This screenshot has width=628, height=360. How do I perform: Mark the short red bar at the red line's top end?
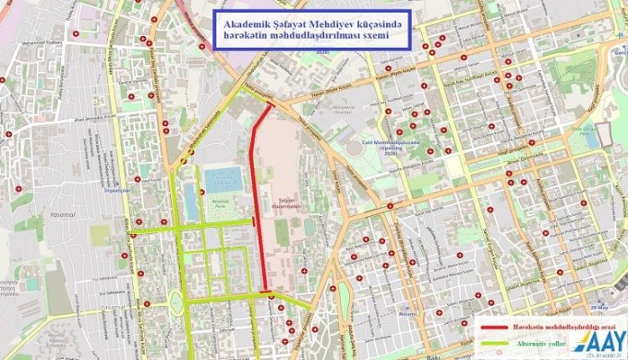[x=266, y=106]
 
